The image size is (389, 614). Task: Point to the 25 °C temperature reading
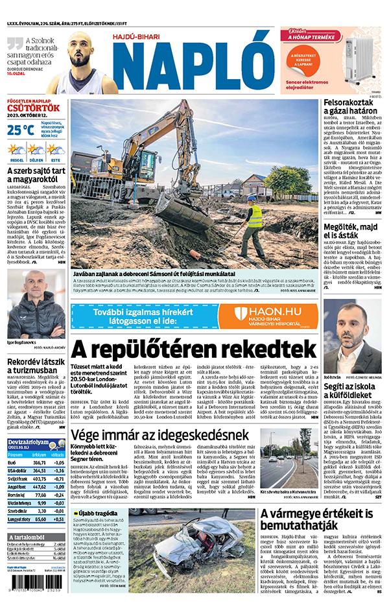pyautogui.click(x=21, y=130)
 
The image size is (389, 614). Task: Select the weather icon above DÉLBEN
pyautogui.click(x=36, y=150)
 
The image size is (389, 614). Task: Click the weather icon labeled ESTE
pyautogui.click(x=55, y=150)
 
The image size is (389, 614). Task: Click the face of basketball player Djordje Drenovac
pyautogui.click(x=80, y=48)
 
